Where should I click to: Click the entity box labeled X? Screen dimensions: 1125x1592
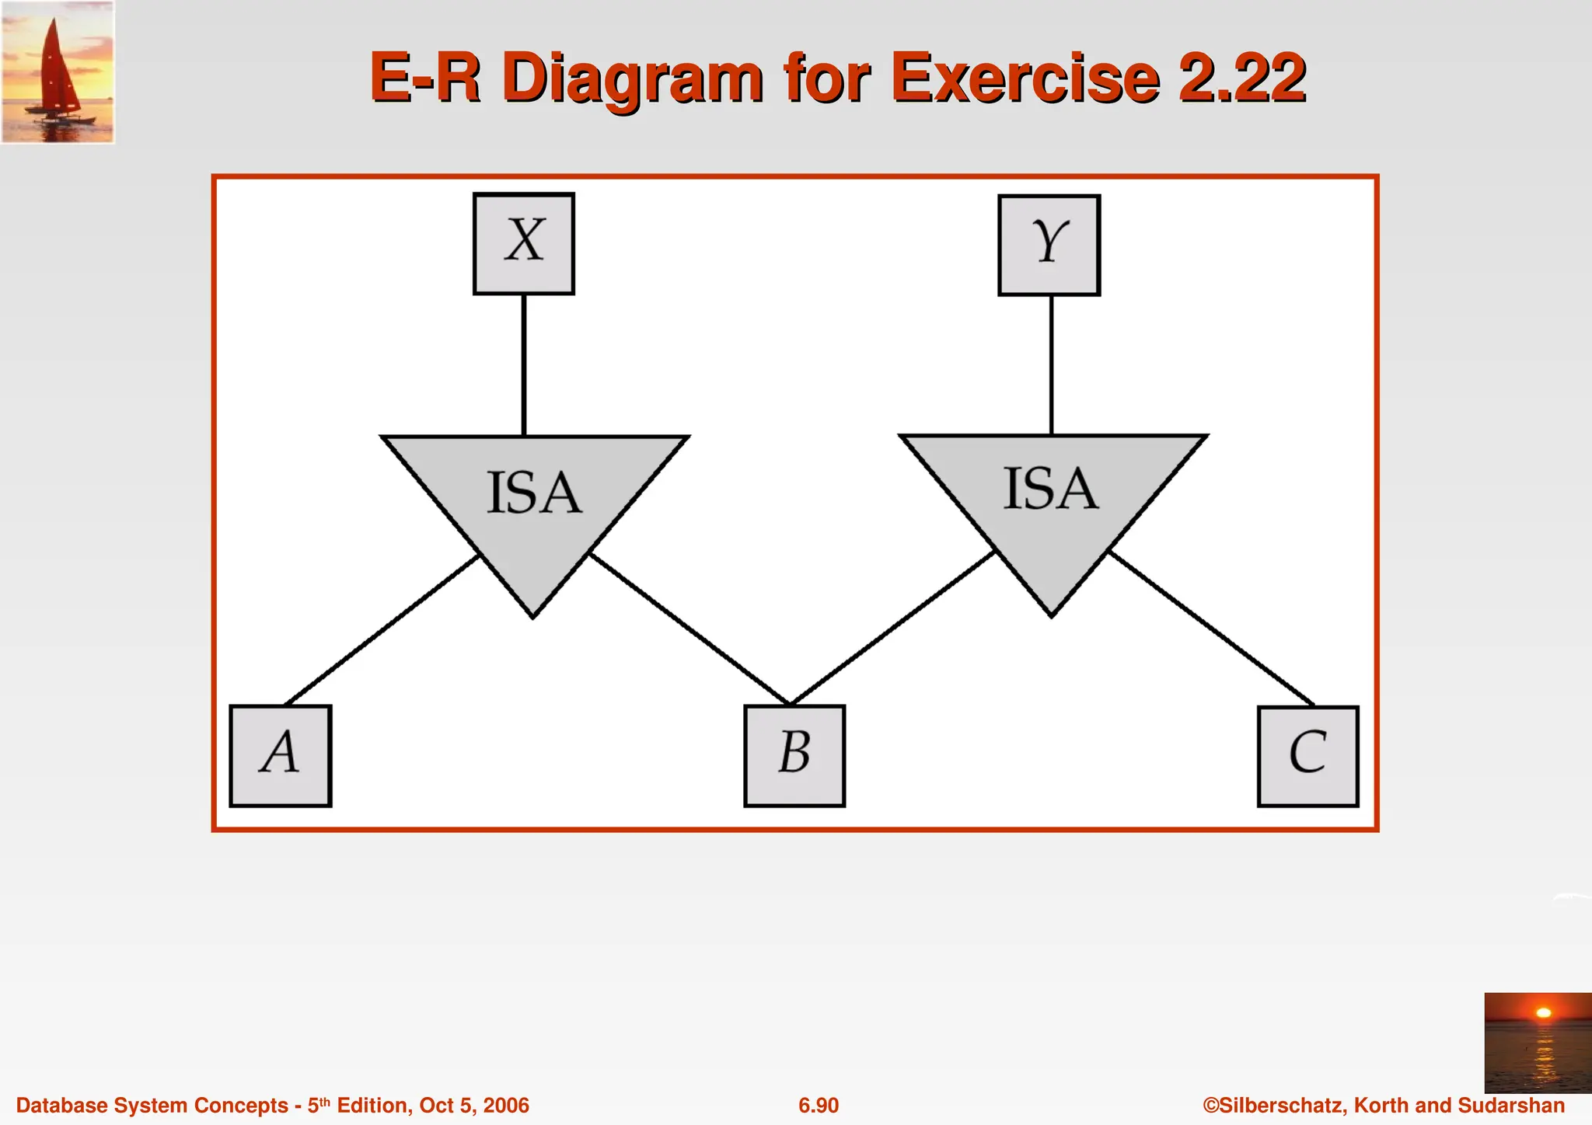[524, 244]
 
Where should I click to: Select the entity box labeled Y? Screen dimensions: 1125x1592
[1049, 246]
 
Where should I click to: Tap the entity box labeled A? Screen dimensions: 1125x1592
[281, 756]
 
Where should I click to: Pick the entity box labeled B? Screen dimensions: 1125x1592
[794, 756]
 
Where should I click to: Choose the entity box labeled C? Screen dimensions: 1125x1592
[1308, 756]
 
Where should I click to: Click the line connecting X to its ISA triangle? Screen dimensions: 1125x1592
[524, 365]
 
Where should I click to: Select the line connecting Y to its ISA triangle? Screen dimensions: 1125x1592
[1052, 365]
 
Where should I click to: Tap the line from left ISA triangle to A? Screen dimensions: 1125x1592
[381, 630]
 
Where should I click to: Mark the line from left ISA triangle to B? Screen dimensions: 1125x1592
[690, 628]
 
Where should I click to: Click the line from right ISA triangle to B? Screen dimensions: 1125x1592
[892, 628]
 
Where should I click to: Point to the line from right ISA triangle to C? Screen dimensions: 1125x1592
[1210, 628]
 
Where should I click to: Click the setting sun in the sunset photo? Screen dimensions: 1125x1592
[1544, 1012]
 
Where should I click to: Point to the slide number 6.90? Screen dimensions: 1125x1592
[819, 1106]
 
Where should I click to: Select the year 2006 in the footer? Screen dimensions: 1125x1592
[505, 1106]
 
